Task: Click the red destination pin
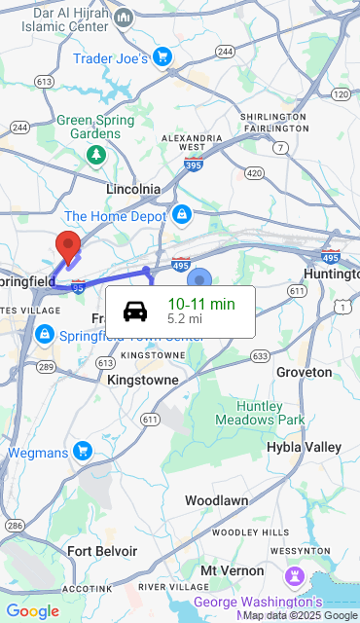(x=68, y=245)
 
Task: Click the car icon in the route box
(x=135, y=311)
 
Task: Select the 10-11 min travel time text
(x=201, y=304)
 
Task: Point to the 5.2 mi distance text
(x=185, y=318)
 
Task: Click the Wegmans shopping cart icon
(x=83, y=451)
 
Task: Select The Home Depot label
(x=116, y=216)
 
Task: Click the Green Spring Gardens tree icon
(x=95, y=155)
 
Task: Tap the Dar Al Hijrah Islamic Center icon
(x=124, y=18)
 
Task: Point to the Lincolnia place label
(x=133, y=188)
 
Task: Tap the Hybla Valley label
(x=304, y=447)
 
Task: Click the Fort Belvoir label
(x=102, y=551)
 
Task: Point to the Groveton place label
(x=305, y=372)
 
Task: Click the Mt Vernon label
(x=232, y=570)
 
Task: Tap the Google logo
(x=32, y=611)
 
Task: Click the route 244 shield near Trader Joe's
(x=225, y=51)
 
